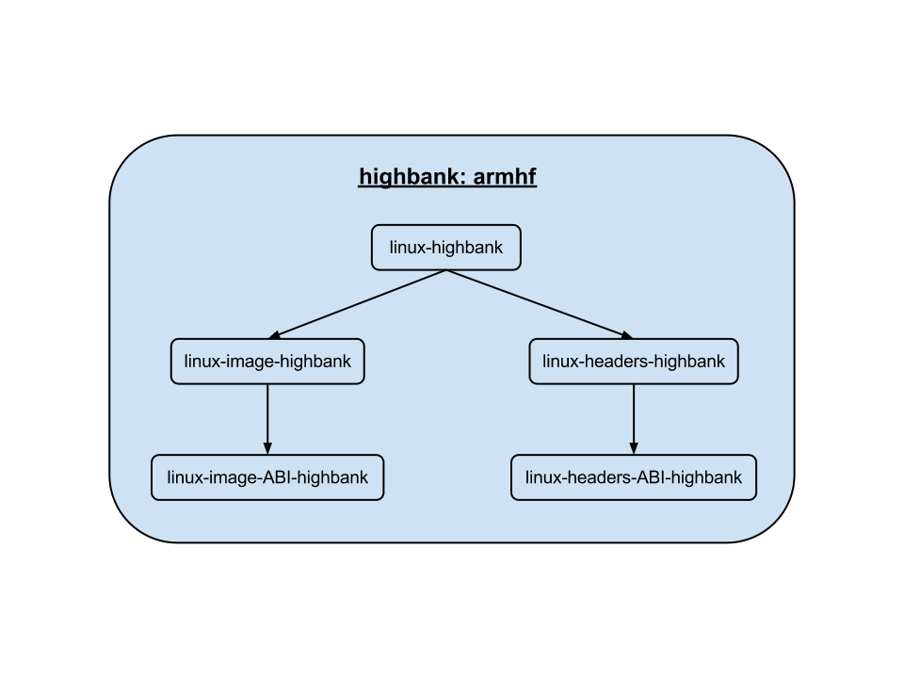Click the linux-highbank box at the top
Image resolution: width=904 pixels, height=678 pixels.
click(446, 248)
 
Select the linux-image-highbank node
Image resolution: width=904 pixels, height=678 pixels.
click(267, 362)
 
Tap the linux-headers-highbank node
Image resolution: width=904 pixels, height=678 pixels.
click(634, 362)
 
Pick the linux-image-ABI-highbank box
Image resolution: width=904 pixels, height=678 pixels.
click(267, 477)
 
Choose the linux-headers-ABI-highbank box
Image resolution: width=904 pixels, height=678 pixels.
click(634, 477)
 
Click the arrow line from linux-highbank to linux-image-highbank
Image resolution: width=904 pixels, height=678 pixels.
click(358, 304)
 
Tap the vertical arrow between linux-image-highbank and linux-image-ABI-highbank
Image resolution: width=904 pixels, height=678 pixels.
click(267, 414)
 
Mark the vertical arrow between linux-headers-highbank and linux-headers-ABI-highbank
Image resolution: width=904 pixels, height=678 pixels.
click(634, 414)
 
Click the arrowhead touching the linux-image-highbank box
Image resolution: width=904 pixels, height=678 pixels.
click(276, 335)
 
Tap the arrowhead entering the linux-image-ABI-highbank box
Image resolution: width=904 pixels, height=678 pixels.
click(267, 448)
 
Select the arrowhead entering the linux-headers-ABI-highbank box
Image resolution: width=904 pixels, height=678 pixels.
click(634, 448)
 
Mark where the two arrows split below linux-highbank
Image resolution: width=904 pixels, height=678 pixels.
click(446, 271)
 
